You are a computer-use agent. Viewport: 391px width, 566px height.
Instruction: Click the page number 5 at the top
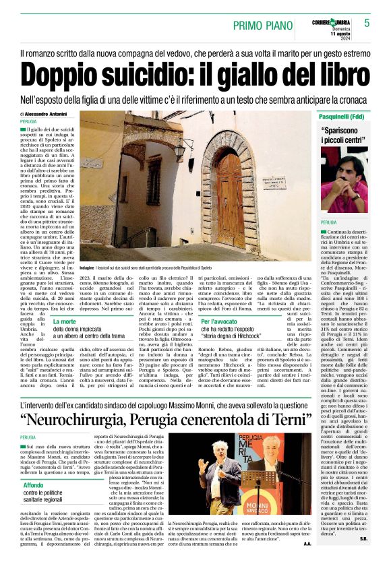pyautogui.click(x=367, y=23)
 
